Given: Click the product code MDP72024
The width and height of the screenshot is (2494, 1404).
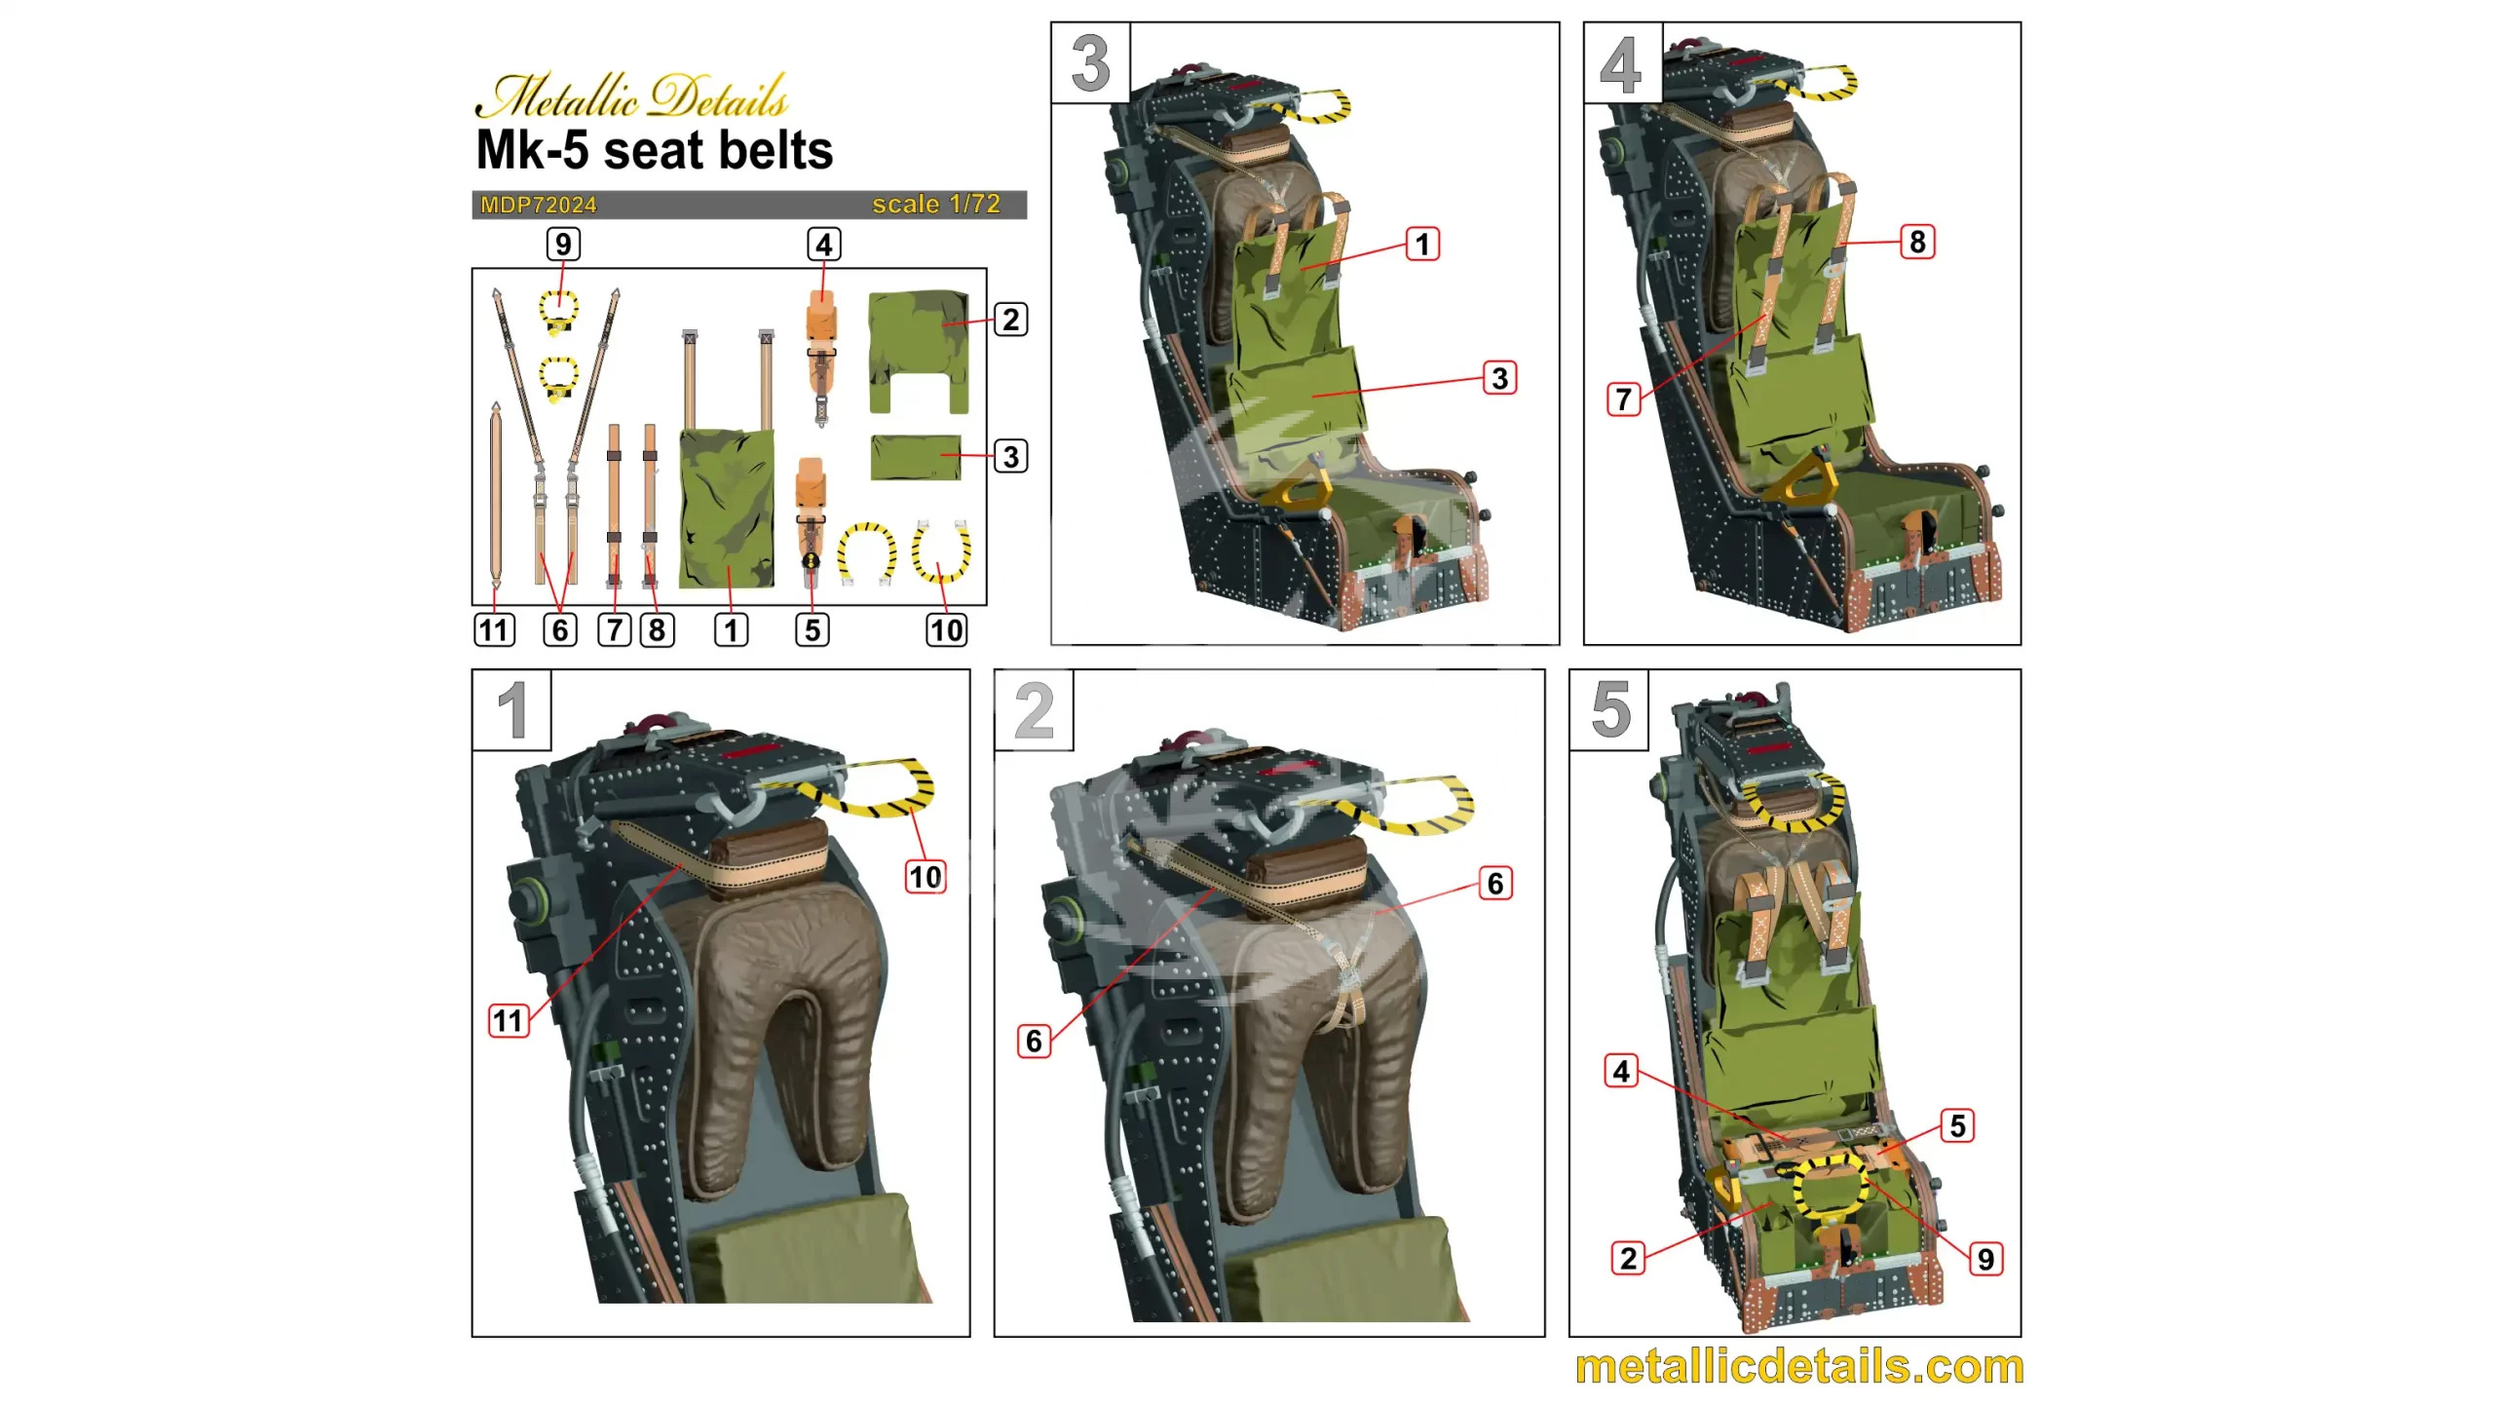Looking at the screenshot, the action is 538,205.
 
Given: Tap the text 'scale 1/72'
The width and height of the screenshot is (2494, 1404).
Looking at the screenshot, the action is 935,204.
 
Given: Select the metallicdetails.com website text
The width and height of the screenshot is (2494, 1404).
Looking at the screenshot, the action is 1798,1366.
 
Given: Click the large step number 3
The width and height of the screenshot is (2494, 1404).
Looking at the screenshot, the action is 1090,63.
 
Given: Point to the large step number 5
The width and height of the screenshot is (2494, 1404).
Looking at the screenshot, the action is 1609,709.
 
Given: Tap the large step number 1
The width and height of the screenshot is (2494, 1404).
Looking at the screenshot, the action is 512,710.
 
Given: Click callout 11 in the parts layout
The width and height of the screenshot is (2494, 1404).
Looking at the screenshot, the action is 494,630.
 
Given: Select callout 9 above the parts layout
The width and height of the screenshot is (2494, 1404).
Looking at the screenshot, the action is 563,244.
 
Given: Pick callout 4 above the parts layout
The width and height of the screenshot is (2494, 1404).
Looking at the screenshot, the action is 824,245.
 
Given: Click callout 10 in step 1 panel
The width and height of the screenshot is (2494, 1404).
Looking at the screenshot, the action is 925,877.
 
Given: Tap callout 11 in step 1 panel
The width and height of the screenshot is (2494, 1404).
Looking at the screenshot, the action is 508,1021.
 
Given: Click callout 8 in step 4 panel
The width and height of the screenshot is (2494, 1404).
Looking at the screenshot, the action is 1917,242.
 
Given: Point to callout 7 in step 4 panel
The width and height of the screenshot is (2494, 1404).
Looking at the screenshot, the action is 1623,399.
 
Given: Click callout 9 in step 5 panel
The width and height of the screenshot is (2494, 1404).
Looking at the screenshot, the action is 1985,1259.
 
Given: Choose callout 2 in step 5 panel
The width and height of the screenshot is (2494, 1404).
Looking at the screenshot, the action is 1628,1258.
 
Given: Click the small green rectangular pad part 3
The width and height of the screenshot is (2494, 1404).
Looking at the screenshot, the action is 916,457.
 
